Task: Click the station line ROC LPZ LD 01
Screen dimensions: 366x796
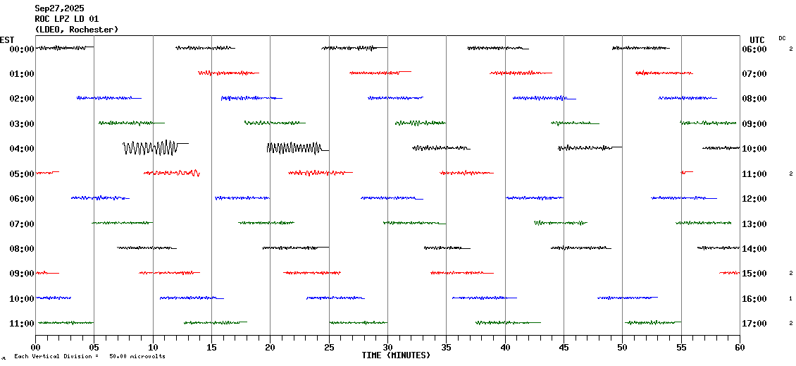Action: [67, 19]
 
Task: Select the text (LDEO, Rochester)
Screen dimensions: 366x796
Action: [76, 30]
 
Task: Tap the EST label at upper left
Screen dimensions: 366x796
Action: [7, 39]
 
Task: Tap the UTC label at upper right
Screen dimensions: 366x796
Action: [757, 39]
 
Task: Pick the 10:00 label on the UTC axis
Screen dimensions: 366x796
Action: [754, 149]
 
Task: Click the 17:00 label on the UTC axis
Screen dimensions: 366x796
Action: [754, 324]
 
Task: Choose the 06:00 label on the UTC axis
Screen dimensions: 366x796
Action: [754, 49]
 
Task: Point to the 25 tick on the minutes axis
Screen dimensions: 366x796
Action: [329, 347]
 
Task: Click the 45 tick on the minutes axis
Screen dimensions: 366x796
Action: [564, 347]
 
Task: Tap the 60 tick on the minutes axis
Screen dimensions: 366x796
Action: [740, 347]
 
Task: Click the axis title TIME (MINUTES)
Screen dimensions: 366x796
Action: [396, 355]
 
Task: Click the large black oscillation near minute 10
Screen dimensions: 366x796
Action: [150, 147]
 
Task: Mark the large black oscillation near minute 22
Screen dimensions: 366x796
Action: [294, 147]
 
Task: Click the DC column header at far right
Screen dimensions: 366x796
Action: [782, 38]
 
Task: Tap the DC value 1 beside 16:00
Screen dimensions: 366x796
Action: [790, 299]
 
